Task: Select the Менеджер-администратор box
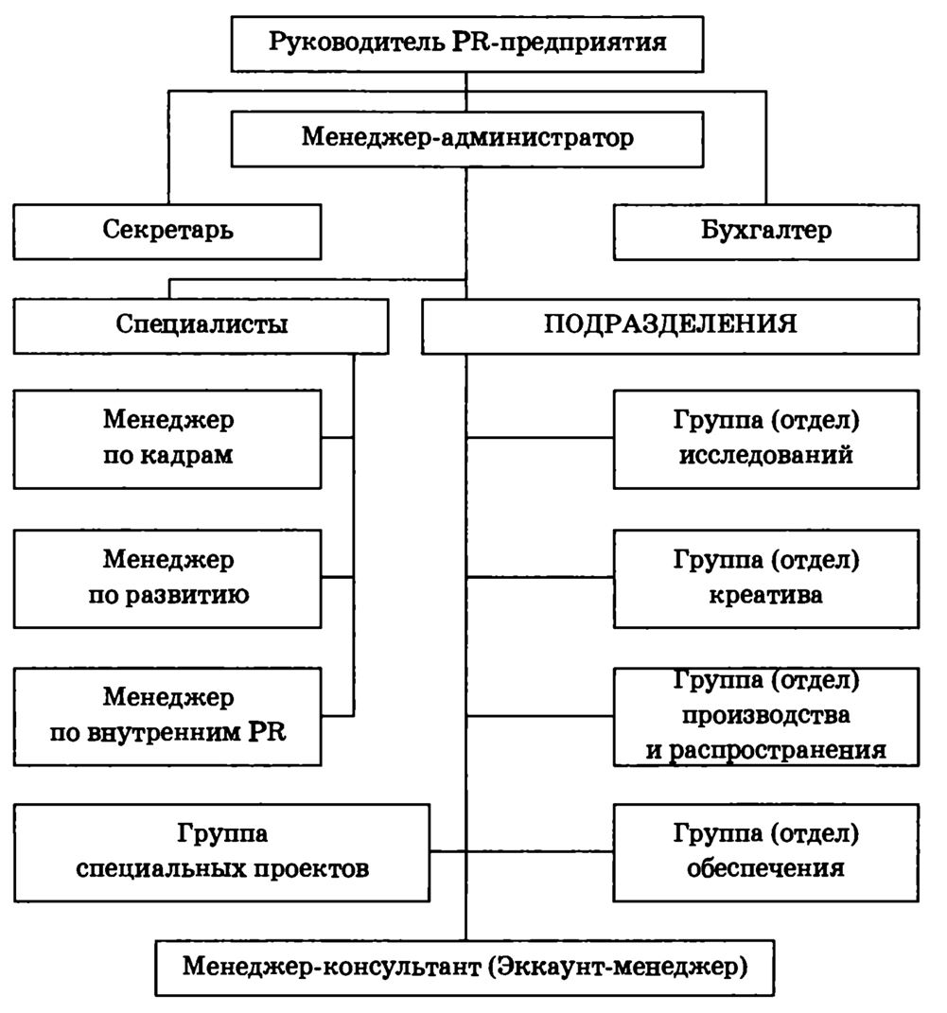468,137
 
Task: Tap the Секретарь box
167,231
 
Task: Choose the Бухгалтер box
766,231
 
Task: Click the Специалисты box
202,325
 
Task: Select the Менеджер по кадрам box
168,439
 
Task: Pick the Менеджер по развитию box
168,578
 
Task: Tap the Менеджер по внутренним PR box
168,716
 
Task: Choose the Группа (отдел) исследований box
766,439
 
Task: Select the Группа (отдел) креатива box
766,578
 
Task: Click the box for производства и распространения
766,716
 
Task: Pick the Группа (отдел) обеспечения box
766,851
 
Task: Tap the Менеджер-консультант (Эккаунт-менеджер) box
467,968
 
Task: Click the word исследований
766,455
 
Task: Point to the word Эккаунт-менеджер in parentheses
623,968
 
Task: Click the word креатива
766,596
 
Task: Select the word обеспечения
766,867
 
